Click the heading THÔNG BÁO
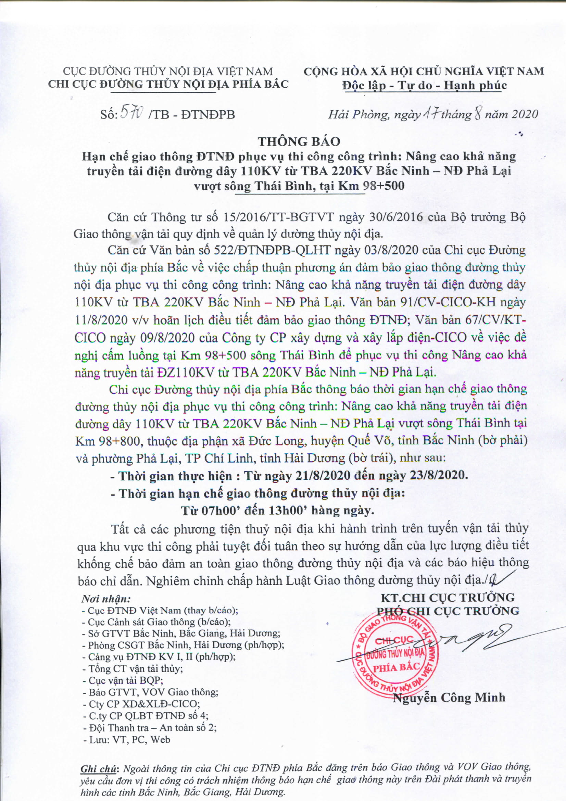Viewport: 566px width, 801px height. pyautogui.click(x=299, y=141)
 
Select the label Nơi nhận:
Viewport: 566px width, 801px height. pyautogui.click(x=106, y=599)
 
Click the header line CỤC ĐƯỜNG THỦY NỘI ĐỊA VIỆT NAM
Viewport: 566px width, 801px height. pyautogui.click(x=168, y=71)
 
